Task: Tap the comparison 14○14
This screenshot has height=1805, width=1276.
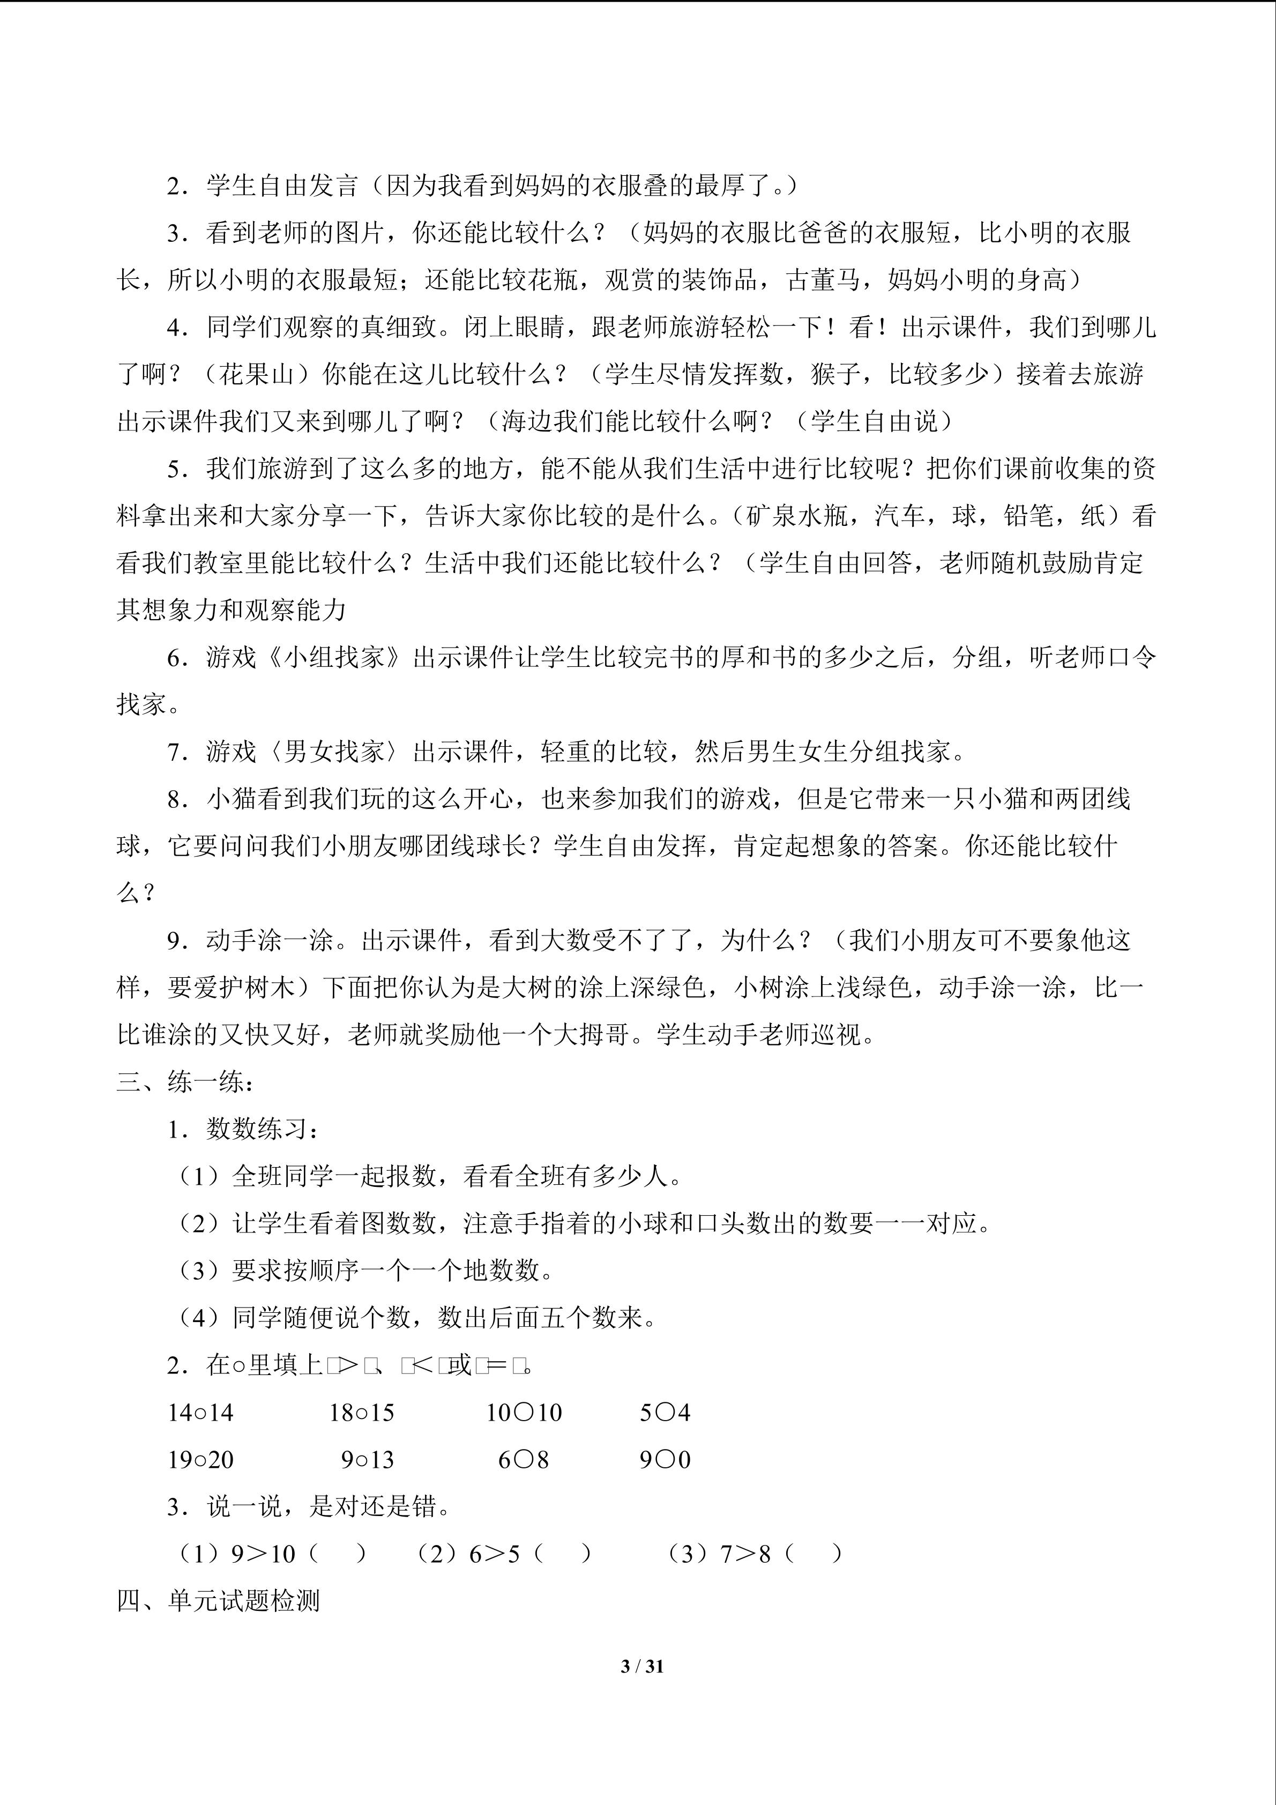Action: (200, 1413)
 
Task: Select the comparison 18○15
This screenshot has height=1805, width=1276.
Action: (361, 1413)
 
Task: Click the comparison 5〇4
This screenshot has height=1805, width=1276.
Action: (665, 1413)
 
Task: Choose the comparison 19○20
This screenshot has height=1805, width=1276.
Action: (200, 1460)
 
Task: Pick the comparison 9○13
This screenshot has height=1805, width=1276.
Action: (367, 1460)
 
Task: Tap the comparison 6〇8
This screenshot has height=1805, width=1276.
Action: (523, 1460)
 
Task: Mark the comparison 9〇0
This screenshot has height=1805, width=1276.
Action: (665, 1460)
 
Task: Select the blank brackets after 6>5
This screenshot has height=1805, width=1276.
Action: (563, 1554)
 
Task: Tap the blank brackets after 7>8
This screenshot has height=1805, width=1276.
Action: (814, 1554)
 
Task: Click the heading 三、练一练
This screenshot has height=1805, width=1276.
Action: (185, 1082)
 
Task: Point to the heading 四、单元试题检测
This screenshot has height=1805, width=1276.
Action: (219, 1601)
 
